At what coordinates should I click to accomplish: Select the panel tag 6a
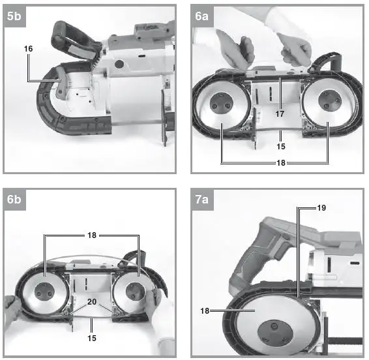click(x=203, y=18)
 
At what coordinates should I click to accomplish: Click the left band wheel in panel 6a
click(x=221, y=108)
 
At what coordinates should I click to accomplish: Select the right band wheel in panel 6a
click(x=327, y=108)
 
